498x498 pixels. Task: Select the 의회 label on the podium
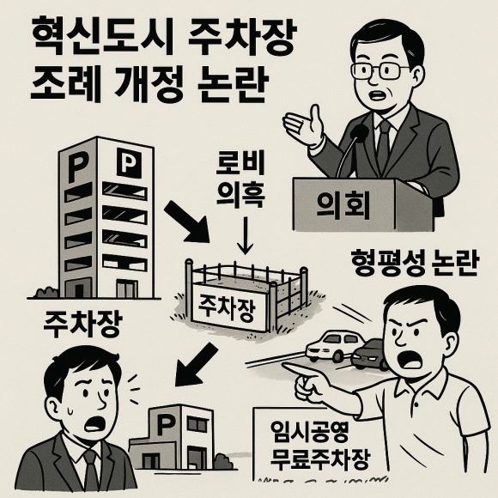[343, 205]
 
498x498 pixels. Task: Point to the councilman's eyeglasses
[380, 70]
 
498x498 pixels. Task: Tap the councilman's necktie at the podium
[384, 144]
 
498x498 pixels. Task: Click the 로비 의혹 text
[240, 179]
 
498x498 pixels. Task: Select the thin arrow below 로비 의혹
[245, 235]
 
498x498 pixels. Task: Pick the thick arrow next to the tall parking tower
[187, 222]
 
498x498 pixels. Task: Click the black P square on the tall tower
[129, 162]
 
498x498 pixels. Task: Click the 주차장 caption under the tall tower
[83, 324]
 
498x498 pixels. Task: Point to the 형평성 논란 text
[414, 264]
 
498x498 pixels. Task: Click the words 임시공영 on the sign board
[310, 432]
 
